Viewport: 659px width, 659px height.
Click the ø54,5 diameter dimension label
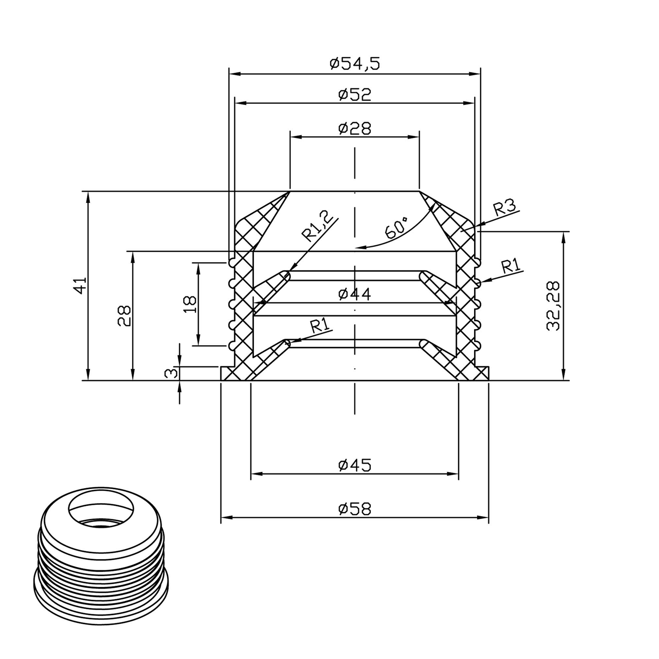[x=355, y=64]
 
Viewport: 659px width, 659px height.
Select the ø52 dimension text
[x=355, y=94]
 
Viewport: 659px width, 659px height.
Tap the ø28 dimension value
[x=355, y=128]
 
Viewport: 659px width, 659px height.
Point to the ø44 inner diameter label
[x=355, y=294]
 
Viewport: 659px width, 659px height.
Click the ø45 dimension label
[x=355, y=464]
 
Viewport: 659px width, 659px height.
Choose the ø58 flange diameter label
[x=355, y=509]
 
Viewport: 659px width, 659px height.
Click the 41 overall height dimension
[x=80, y=286]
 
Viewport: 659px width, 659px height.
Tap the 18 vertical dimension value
[x=190, y=304]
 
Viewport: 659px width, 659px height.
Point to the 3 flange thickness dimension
[x=172, y=373]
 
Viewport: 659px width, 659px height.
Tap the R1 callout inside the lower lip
[x=320, y=326]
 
